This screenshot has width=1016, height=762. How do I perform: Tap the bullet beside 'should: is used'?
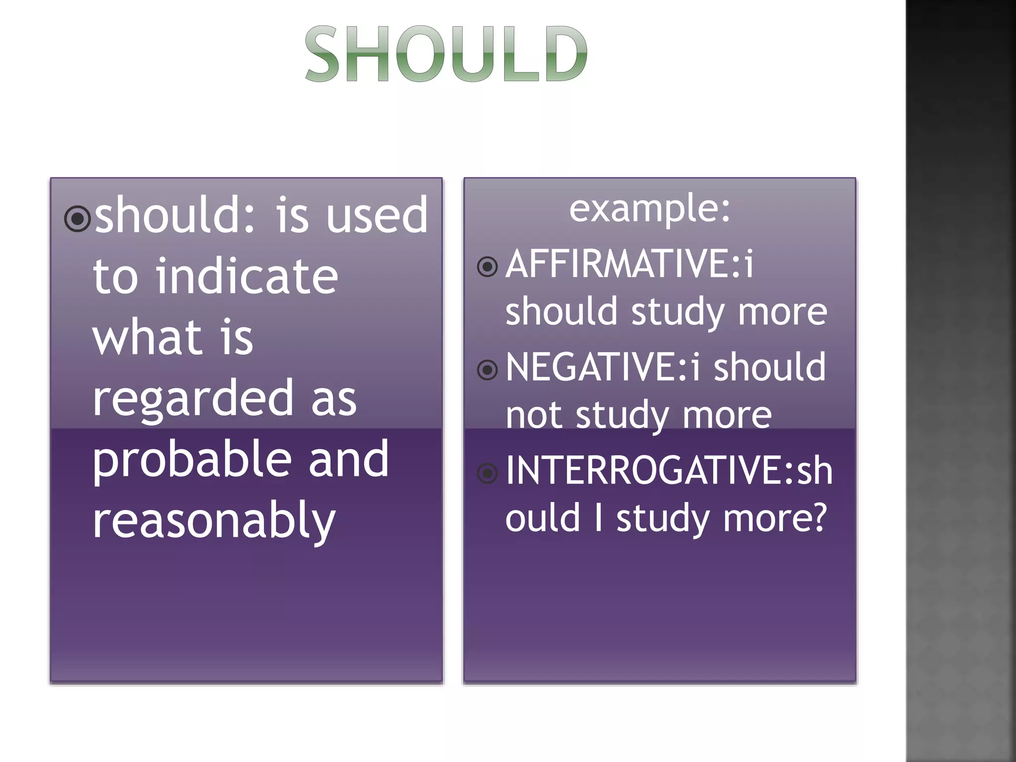click(x=77, y=218)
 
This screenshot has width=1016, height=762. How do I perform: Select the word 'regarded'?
click(x=193, y=398)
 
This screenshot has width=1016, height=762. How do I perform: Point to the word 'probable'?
click(x=191, y=460)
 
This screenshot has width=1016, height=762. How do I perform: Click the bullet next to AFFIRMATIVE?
click(x=487, y=267)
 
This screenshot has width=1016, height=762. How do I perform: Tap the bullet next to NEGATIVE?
click(x=487, y=370)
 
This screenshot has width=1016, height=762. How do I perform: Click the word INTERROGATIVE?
click(x=643, y=470)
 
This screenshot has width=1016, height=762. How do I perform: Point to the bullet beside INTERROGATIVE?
click(x=487, y=473)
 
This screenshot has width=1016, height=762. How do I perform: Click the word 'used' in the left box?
click(x=377, y=215)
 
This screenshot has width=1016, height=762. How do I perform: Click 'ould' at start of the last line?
click(x=542, y=518)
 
